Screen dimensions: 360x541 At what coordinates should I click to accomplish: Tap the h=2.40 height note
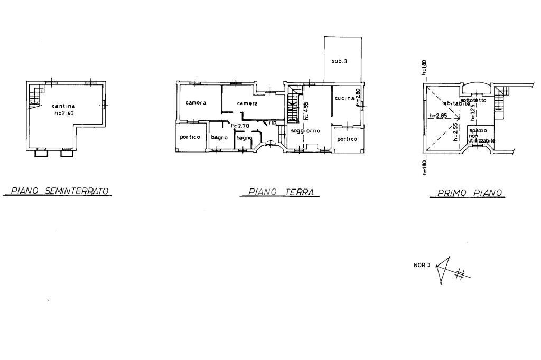pyautogui.click(x=64, y=112)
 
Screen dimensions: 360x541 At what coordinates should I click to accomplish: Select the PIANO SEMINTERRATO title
pyautogui.click(x=58, y=191)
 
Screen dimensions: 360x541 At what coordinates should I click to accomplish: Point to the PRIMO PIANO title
pyautogui.click(x=470, y=193)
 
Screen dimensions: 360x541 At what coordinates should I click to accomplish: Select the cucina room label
pyautogui.click(x=344, y=98)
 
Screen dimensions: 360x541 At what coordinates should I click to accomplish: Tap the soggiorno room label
pyautogui.click(x=306, y=131)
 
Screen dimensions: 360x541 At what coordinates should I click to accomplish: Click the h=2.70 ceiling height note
pyautogui.click(x=240, y=126)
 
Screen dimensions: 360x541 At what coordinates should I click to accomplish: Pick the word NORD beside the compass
pyautogui.click(x=422, y=265)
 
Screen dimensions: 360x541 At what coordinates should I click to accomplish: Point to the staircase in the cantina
pyautogui.click(x=35, y=96)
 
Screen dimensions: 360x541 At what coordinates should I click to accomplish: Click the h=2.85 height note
pyautogui.click(x=439, y=116)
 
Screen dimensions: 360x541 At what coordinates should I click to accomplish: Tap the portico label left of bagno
pyautogui.click(x=190, y=137)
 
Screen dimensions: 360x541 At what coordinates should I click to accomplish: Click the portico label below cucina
pyautogui.click(x=347, y=139)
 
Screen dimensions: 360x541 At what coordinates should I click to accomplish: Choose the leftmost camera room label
pyautogui.click(x=195, y=102)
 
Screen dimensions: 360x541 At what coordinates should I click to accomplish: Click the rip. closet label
pyautogui.click(x=273, y=122)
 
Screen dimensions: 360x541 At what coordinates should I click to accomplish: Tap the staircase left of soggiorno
pyautogui.click(x=292, y=106)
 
